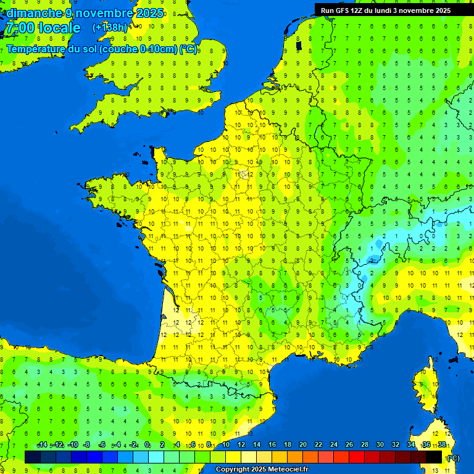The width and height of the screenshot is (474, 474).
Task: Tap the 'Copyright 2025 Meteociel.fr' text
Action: (262, 469)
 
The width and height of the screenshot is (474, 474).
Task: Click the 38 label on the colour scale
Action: (441, 445)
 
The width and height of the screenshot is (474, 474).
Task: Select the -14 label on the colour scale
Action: (42, 445)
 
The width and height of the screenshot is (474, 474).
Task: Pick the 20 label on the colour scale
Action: (302, 445)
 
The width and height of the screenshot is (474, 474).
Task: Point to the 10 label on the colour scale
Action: (226, 445)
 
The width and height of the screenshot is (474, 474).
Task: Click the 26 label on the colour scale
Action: (349, 445)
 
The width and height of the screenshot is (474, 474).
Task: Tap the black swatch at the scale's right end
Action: (434, 457)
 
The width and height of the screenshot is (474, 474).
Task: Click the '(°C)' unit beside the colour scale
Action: (454, 457)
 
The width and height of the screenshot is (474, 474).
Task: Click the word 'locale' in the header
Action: (59, 28)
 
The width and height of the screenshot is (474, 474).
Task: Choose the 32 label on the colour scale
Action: (395, 445)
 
